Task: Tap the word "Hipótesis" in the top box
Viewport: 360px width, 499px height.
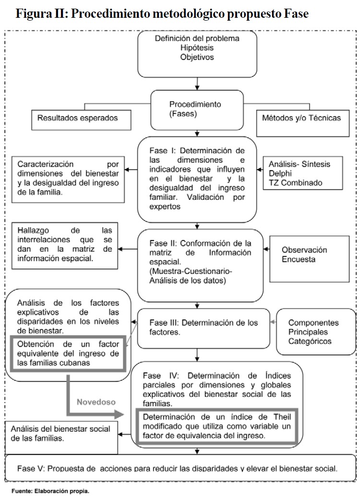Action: (197, 48)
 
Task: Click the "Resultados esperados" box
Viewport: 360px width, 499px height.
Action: (81, 118)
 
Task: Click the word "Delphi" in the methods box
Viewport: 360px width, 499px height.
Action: (280, 173)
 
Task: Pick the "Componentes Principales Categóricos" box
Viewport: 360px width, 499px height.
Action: (313, 332)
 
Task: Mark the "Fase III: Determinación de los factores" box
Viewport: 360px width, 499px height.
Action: (204, 328)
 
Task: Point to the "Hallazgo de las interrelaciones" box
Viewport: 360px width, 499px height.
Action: (64, 244)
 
